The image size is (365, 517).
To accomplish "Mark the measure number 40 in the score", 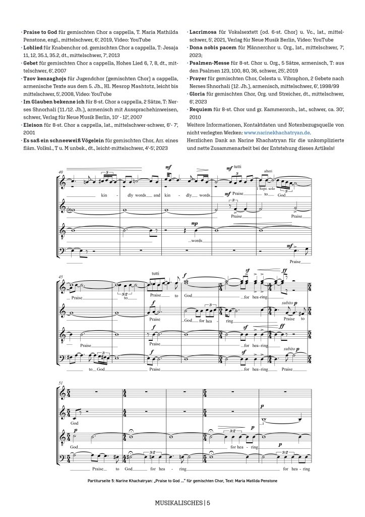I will pos(61,172).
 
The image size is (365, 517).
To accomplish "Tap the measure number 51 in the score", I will pos(61,384).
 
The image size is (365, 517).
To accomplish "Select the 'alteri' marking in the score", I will pos(268,172).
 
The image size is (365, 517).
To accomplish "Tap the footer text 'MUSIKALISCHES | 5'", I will pos(182,503).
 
